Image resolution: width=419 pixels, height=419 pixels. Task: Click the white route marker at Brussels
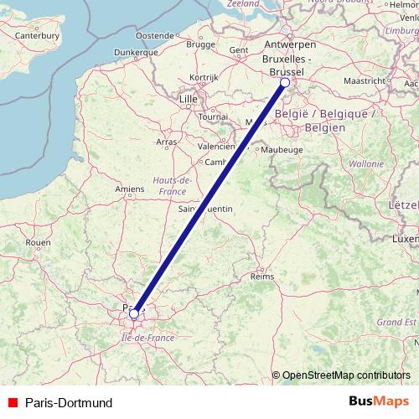click(285, 83)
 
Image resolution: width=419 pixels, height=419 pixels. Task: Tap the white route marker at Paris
click(134, 314)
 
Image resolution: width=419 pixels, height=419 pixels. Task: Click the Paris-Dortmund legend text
click(68, 402)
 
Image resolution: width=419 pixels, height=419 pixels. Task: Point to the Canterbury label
click(38, 36)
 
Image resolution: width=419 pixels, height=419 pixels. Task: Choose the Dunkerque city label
click(113, 52)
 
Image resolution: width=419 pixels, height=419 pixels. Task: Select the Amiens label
click(131, 189)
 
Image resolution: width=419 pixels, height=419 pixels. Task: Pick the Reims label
click(262, 275)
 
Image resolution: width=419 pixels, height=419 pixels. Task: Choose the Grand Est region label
click(396, 321)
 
